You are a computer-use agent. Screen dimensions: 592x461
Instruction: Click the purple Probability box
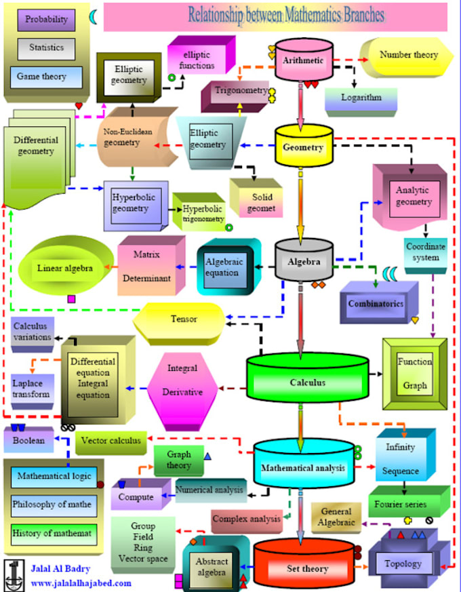[x=46, y=20]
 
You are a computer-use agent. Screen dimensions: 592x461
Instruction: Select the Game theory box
[x=45, y=77]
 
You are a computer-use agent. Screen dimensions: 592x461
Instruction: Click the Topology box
[x=403, y=563]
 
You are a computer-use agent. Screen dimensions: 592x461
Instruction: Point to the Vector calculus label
[x=111, y=441]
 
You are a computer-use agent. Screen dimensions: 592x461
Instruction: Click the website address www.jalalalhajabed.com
[x=81, y=583]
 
